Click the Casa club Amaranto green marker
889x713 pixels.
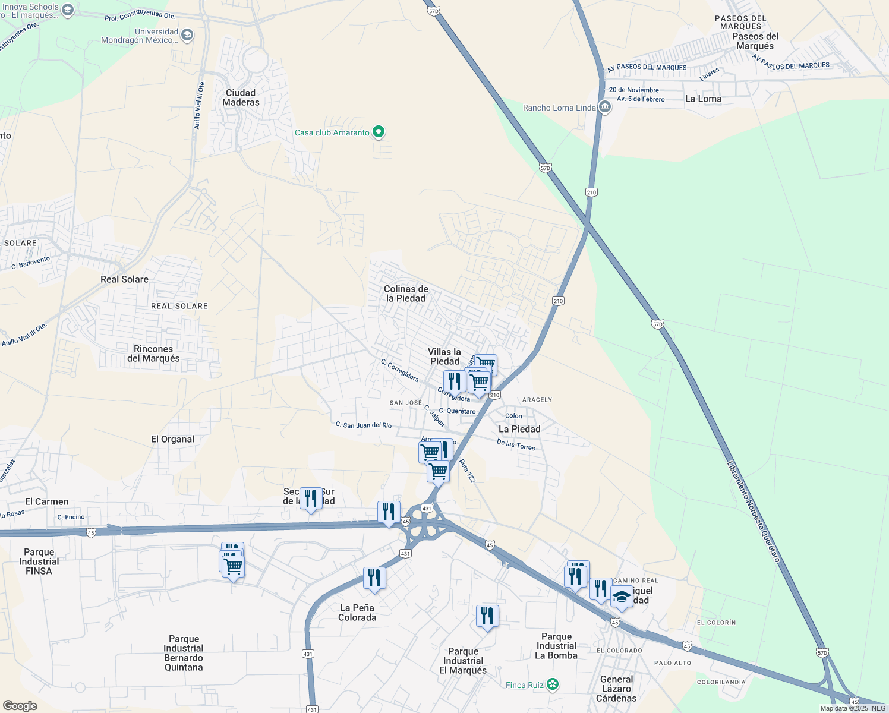tap(379, 132)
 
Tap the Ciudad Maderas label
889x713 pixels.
tap(241, 97)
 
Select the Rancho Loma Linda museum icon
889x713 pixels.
tap(605, 108)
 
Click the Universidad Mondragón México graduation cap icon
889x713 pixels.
tap(187, 36)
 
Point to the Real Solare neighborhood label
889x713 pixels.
tap(124, 279)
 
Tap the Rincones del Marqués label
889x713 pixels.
tap(153, 354)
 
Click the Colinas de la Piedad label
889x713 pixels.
tap(406, 294)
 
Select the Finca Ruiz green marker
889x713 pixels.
tap(553, 684)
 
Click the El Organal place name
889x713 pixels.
tap(172, 439)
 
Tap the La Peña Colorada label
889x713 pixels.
tap(357, 613)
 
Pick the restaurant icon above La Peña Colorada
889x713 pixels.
tap(374, 577)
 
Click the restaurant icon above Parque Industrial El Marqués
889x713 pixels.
tap(487, 616)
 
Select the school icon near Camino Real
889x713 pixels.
tap(622, 597)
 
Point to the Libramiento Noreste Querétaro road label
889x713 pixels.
tap(754, 512)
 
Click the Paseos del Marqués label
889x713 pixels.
tap(755, 41)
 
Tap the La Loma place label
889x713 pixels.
tap(703, 99)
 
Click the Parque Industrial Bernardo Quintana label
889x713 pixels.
tap(184, 653)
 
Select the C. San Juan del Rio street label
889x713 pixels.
tap(364, 425)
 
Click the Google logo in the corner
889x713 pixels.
tap(20, 705)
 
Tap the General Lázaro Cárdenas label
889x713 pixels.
tap(616, 689)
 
